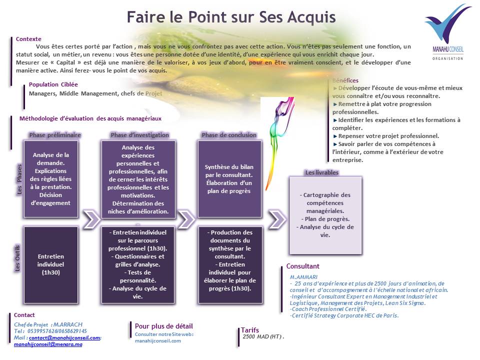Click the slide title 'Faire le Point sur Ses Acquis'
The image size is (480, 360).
pos(230,16)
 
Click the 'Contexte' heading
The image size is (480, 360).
pos(28,38)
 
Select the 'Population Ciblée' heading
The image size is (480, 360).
pos(53,84)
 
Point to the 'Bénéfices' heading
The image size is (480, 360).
pos(345,80)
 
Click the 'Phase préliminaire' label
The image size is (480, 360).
pos(55,135)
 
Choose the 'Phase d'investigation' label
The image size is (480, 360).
pos(139,135)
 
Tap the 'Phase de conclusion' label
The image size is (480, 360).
pos(229,135)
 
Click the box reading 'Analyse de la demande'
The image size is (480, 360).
pos(51,179)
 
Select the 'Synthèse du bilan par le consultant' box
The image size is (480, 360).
pos(229,179)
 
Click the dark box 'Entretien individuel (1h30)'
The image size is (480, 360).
pos(51,264)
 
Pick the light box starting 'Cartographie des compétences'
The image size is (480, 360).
pos(325,215)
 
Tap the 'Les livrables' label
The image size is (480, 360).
pos(321,172)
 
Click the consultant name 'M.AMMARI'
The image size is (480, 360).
pos(303,277)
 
